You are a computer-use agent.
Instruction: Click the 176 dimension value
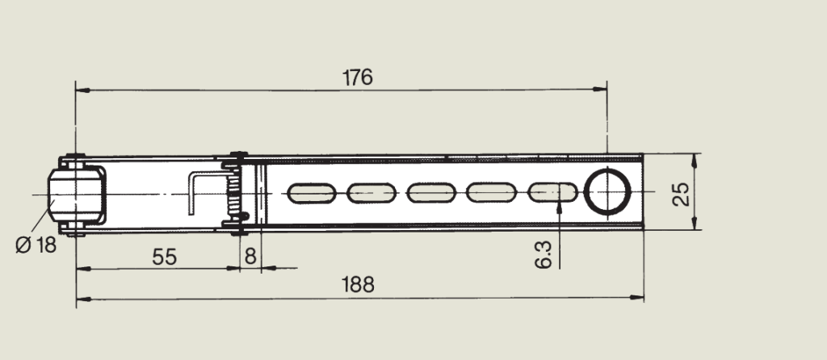357,77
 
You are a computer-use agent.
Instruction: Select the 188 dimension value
358,285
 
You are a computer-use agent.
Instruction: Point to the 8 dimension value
250,257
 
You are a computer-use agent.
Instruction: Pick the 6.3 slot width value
544,252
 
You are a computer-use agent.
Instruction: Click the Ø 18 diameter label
36,245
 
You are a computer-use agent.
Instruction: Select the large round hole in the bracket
607,193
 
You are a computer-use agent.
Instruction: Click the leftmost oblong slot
312,193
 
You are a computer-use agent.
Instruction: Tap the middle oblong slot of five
433,193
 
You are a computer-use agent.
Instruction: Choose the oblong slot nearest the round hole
552,193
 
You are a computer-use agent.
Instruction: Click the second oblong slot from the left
372,193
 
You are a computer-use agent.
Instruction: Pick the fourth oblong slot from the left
493,193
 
